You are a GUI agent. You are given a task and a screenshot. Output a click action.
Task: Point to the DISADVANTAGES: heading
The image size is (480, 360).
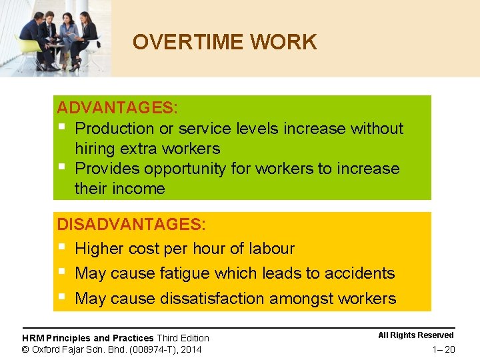(131, 225)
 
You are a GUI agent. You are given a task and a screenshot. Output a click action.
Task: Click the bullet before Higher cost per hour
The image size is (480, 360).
(61, 247)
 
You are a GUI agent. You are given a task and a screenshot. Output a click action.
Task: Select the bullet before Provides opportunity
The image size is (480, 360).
(61, 167)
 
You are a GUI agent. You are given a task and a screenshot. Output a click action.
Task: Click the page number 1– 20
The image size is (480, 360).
(443, 349)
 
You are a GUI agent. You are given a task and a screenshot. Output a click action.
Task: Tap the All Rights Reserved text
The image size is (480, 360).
(415, 335)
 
